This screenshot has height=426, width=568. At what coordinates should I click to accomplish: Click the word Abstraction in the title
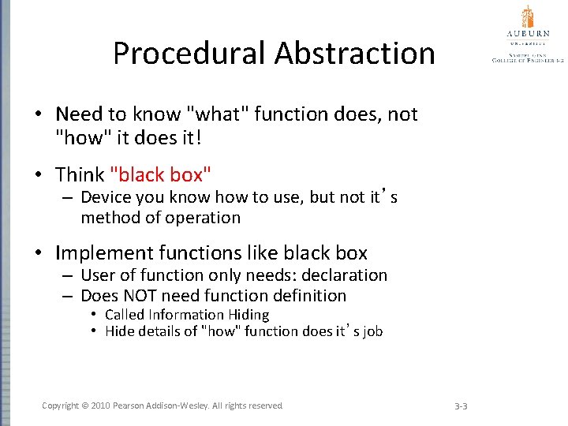355,54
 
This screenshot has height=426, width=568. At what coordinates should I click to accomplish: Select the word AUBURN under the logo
528,35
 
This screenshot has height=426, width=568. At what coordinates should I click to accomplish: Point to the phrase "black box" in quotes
161,174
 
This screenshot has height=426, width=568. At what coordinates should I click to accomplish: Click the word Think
80,174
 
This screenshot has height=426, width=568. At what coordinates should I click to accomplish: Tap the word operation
203,218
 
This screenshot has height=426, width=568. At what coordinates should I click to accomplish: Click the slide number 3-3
461,406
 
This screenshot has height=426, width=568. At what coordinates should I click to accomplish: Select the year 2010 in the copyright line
101,405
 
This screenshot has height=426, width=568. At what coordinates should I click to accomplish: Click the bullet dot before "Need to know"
38,115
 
